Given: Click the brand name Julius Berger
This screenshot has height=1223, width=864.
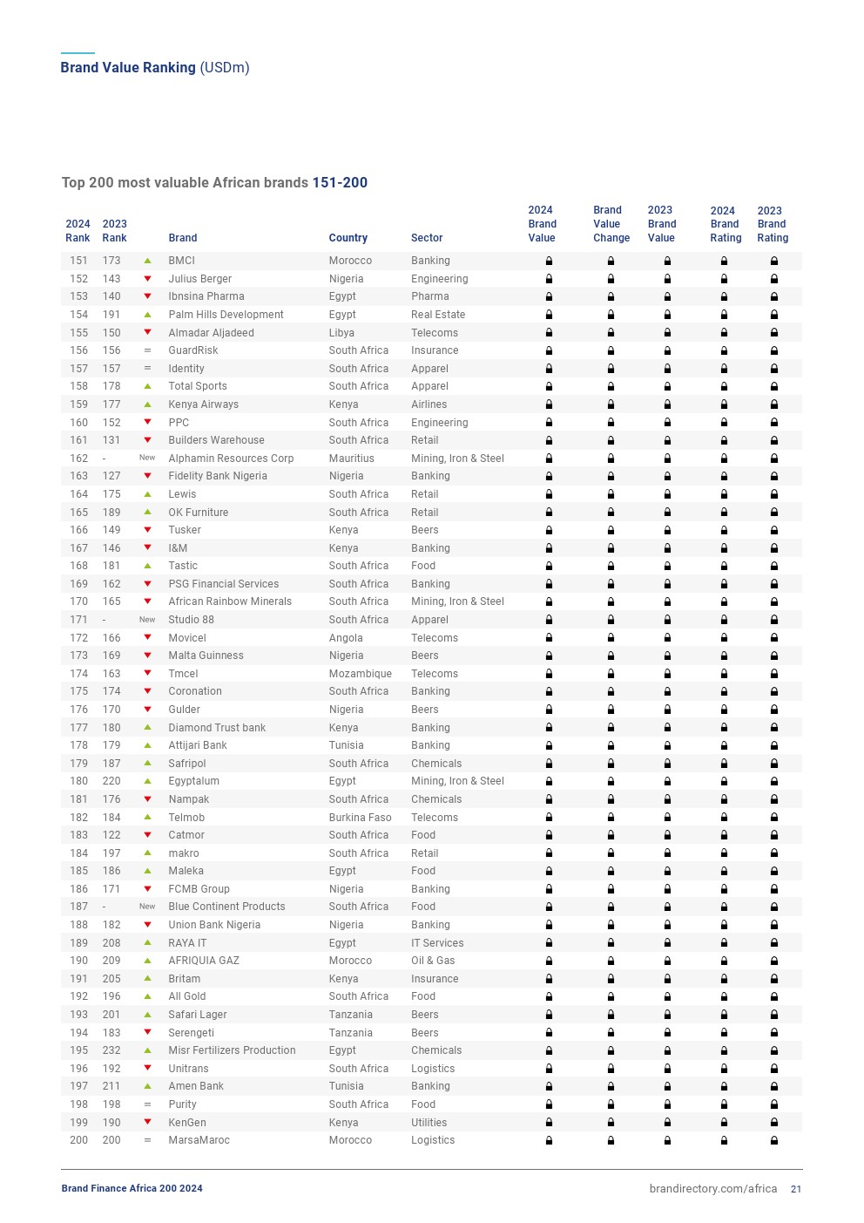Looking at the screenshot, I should [199, 279].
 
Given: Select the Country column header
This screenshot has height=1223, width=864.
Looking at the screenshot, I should [348, 238].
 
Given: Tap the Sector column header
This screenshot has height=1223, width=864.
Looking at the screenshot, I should [427, 238].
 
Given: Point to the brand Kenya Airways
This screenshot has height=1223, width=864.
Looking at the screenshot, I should [203, 404].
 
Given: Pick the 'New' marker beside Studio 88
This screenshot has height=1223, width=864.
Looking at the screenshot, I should [147, 620].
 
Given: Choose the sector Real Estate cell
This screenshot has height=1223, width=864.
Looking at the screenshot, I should [438, 315].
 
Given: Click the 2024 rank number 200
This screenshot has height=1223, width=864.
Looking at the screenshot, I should [78, 1140].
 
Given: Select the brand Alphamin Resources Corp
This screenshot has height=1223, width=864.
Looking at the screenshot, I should [231, 459].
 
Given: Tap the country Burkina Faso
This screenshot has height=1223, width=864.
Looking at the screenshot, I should [360, 818].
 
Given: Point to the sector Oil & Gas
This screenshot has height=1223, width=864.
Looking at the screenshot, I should [433, 961].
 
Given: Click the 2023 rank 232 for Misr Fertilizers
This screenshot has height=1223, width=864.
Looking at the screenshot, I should [111, 1050].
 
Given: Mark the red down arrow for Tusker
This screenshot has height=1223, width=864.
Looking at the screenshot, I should [147, 530].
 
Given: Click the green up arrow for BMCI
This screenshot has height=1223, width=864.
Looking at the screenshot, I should [147, 261].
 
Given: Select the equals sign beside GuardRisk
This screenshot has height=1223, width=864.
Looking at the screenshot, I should [147, 350].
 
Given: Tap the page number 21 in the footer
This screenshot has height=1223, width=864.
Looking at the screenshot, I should [796, 1189].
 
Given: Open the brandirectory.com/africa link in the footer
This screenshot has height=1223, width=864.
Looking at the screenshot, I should [712, 1189].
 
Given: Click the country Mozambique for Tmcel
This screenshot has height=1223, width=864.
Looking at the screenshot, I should [360, 674].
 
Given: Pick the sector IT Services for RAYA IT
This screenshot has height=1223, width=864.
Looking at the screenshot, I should [437, 943].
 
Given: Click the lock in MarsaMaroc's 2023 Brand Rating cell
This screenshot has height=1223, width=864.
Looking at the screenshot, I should [773, 1140].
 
